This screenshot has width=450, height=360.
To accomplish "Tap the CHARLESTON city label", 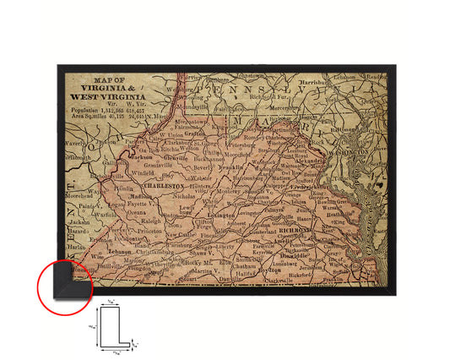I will click(165, 184).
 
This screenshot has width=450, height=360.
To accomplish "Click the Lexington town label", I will click(220, 216).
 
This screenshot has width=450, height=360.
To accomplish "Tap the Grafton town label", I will click(195, 132).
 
